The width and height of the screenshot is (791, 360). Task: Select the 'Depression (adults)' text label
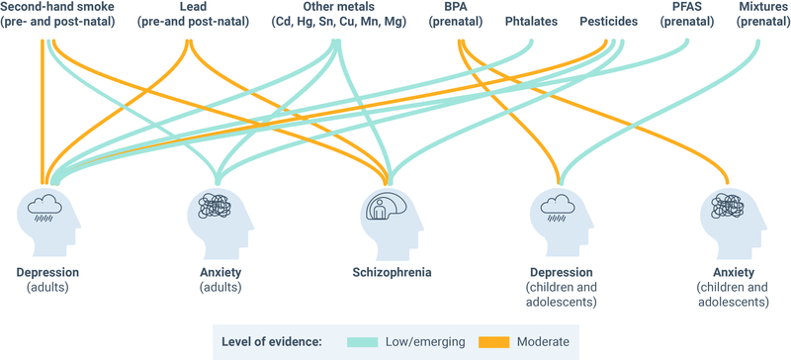pyautogui.click(x=45, y=279)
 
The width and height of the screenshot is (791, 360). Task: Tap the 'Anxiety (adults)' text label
pyautogui.click(x=216, y=279)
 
